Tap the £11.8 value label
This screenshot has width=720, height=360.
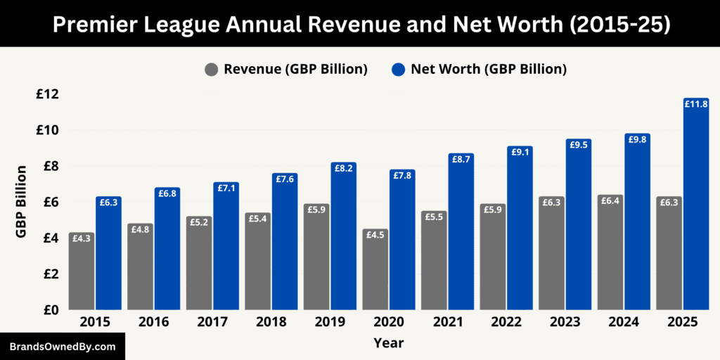(x=695, y=104)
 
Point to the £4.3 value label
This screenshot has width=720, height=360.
(x=82, y=238)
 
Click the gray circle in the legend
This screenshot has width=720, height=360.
(x=211, y=70)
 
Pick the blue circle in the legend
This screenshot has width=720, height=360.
(x=398, y=70)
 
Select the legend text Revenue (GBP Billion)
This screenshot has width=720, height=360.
(x=296, y=70)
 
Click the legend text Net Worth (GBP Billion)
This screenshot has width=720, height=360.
(x=489, y=70)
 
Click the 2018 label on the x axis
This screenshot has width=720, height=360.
(x=271, y=322)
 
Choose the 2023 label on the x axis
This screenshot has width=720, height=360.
(x=565, y=322)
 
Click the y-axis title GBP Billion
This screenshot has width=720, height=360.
(x=22, y=202)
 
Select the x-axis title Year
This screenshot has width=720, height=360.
(x=389, y=343)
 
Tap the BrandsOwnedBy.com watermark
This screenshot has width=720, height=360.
(x=63, y=347)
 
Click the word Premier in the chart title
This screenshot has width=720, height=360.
(x=97, y=24)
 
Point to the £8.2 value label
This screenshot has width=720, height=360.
(x=344, y=169)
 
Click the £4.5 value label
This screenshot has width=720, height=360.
(x=375, y=235)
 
